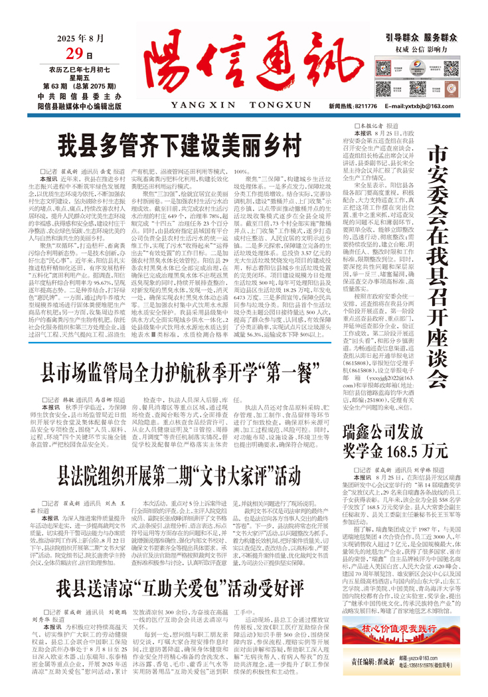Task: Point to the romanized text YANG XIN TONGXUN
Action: tap(236, 105)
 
